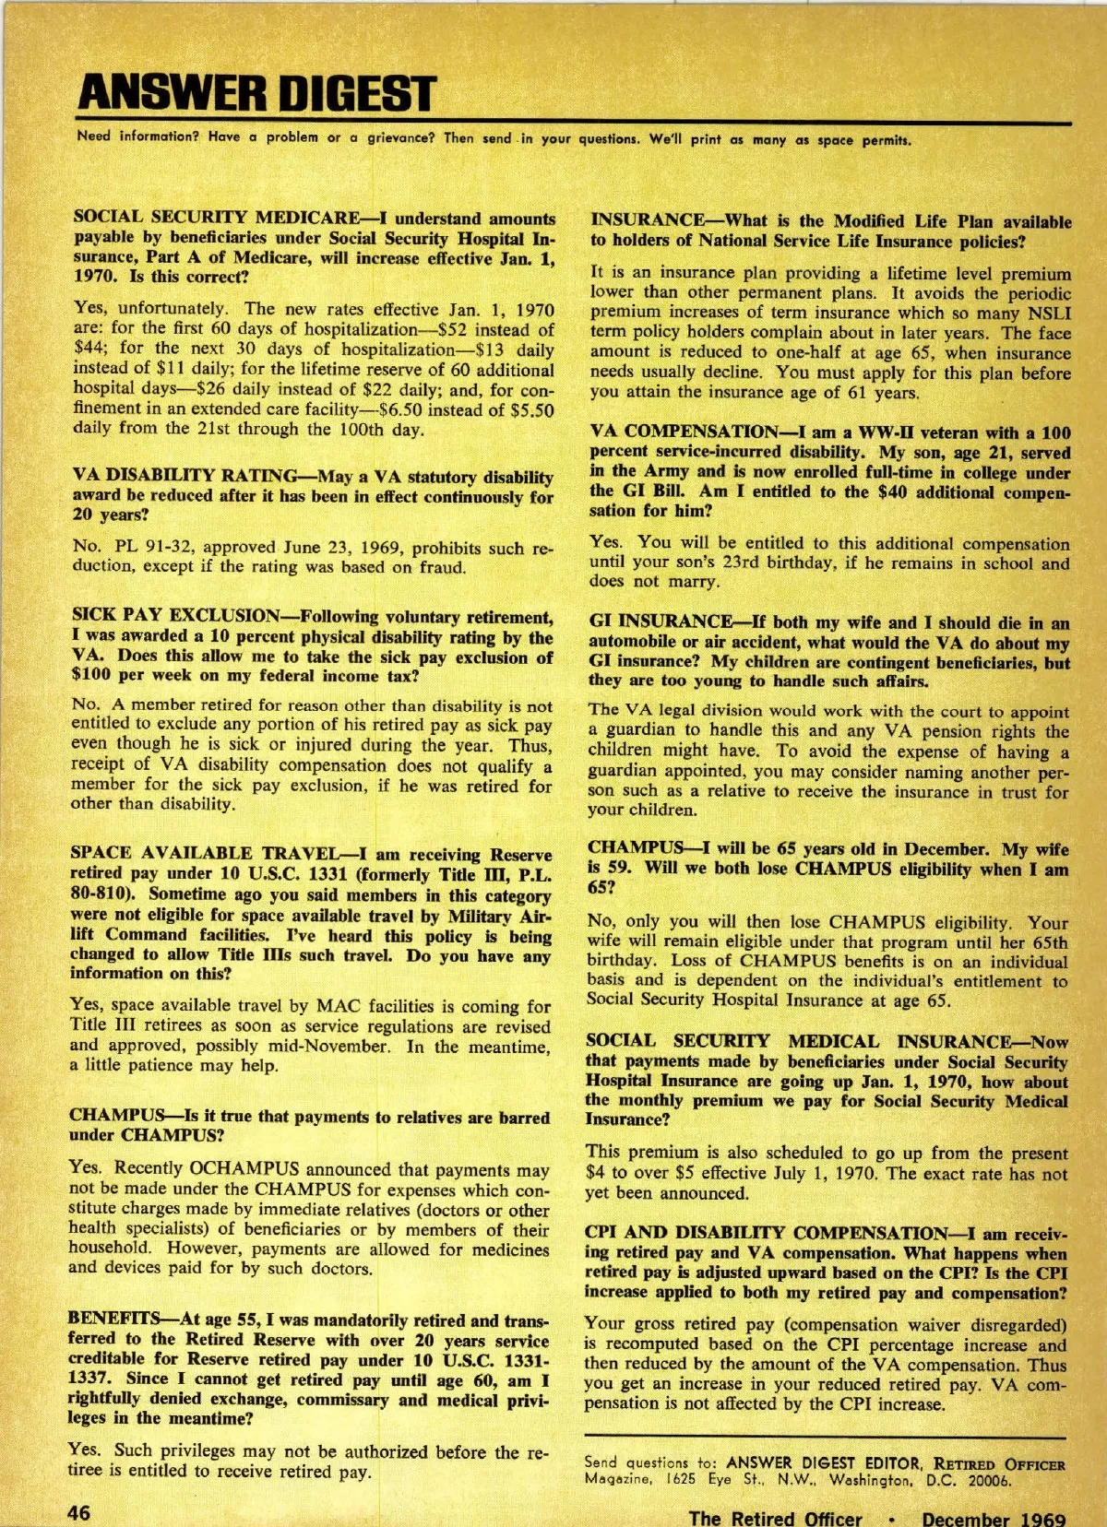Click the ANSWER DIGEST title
click(256, 94)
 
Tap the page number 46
click(77, 1512)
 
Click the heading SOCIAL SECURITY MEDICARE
click(216, 219)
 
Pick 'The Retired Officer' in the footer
click(775, 1518)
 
